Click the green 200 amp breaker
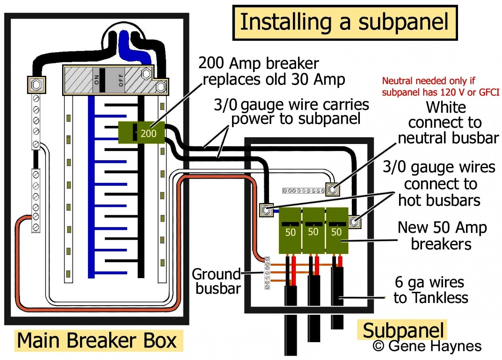tap(143, 133)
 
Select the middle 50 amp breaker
tap(313, 230)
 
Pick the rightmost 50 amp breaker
tap(337, 230)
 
